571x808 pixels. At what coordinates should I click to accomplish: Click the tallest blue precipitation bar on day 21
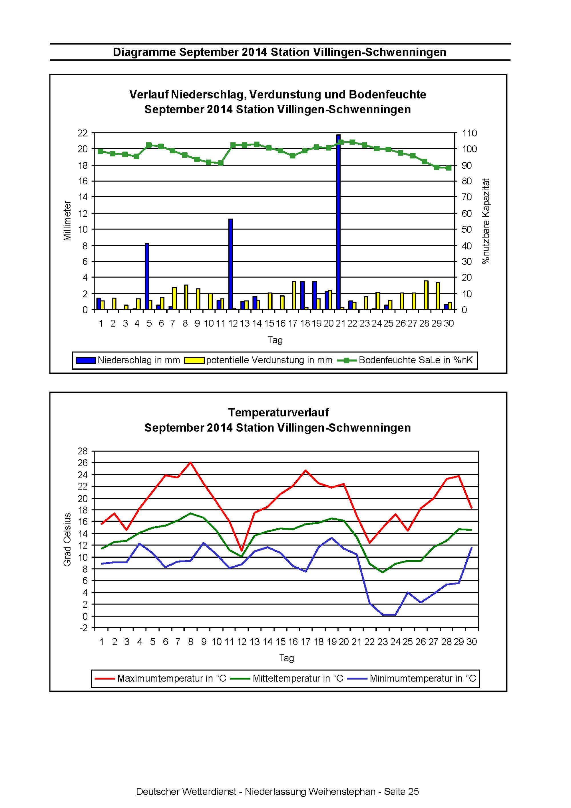click(338, 222)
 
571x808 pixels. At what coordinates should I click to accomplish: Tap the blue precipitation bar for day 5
click(147, 277)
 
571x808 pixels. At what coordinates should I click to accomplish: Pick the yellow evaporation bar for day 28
click(426, 295)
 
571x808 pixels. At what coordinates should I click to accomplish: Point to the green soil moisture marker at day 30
click(449, 168)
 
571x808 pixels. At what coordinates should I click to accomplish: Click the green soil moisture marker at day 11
click(221, 163)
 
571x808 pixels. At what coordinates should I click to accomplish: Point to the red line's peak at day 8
click(190, 462)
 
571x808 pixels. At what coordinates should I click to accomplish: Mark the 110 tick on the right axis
click(470, 133)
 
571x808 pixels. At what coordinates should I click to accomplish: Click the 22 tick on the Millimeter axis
click(83, 133)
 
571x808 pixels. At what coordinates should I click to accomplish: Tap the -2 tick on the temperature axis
click(83, 628)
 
